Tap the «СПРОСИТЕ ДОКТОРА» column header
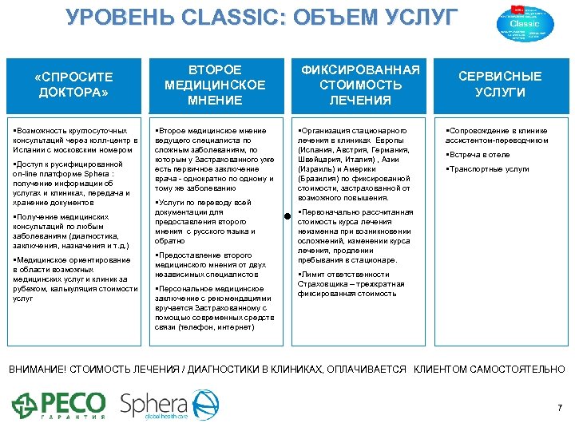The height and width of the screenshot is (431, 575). click(74, 85)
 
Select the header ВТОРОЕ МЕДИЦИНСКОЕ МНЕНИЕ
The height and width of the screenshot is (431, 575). click(214, 85)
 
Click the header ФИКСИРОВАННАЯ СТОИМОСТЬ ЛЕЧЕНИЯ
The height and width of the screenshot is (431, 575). click(359, 85)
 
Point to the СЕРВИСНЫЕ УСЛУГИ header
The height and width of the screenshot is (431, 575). click(499, 85)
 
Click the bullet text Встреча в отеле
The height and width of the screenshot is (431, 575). click(479, 155)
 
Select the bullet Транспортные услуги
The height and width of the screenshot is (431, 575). click(489, 169)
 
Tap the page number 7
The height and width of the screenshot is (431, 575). click(559, 408)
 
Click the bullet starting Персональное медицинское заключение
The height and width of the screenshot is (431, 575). click(214, 307)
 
